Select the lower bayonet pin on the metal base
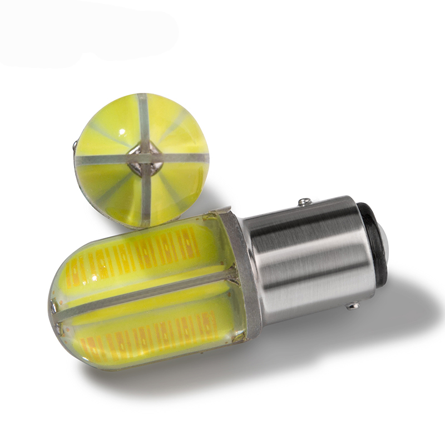click(x=352, y=305)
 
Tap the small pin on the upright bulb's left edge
click(x=75, y=146)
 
